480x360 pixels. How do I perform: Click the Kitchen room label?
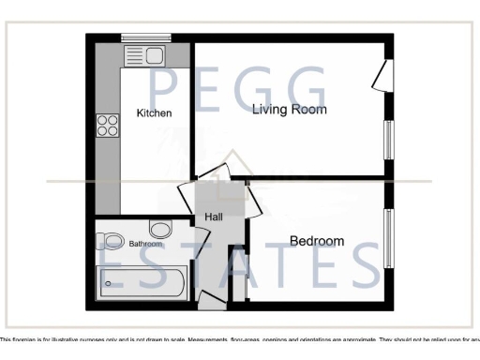point(154,113)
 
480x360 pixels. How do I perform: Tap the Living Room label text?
point(290,110)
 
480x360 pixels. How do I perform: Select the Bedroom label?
point(316,241)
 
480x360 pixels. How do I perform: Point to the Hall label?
point(213,218)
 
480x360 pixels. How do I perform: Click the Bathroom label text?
point(145,244)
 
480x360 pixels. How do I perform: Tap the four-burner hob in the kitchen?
point(107,126)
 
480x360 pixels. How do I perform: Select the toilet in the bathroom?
point(112,241)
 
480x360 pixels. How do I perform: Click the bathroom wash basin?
point(160,229)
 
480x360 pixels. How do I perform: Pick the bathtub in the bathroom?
point(142,281)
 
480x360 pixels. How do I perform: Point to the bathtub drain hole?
point(109,282)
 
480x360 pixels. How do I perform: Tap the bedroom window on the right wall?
point(388,239)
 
